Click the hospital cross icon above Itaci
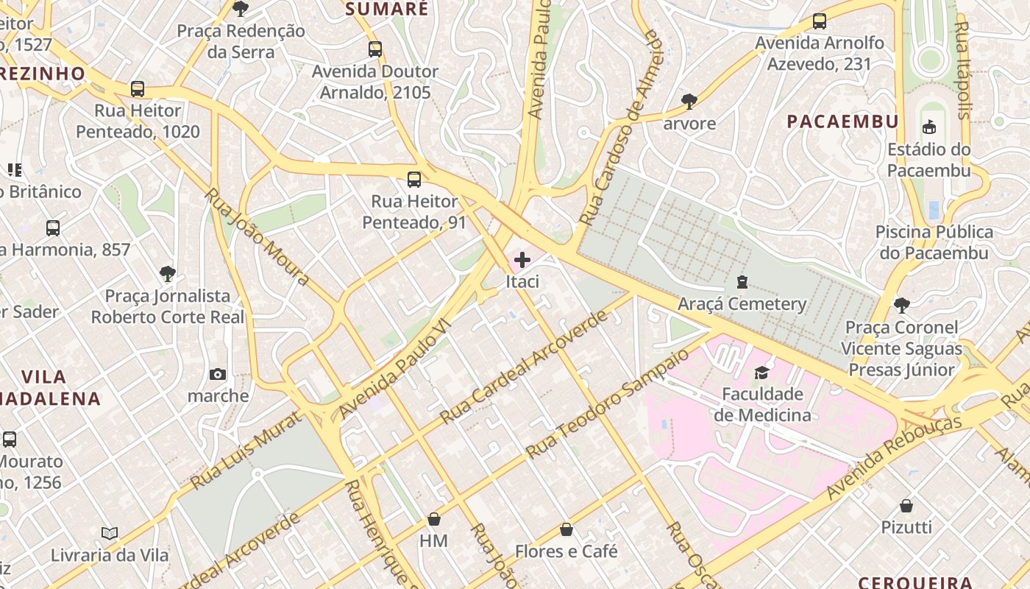(522, 259)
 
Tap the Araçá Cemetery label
(742, 303)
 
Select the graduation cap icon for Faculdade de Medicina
(761, 372)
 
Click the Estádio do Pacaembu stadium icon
(929, 127)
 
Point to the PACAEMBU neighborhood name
(842, 121)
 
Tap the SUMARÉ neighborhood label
(386, 9)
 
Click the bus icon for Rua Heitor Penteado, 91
(414, 180)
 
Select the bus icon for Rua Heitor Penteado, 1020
(138, 89)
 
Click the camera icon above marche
(218, 375)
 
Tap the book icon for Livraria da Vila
(110, 533)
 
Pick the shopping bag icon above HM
(434, 519)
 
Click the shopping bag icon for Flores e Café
(566, 529)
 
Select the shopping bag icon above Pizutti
(906, 506)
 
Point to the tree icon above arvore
(689, 101)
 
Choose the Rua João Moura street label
(257, 236)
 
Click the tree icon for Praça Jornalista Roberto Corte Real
(168, 274)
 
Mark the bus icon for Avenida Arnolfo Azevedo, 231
(820, 21)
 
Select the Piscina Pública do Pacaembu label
(934, 242)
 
